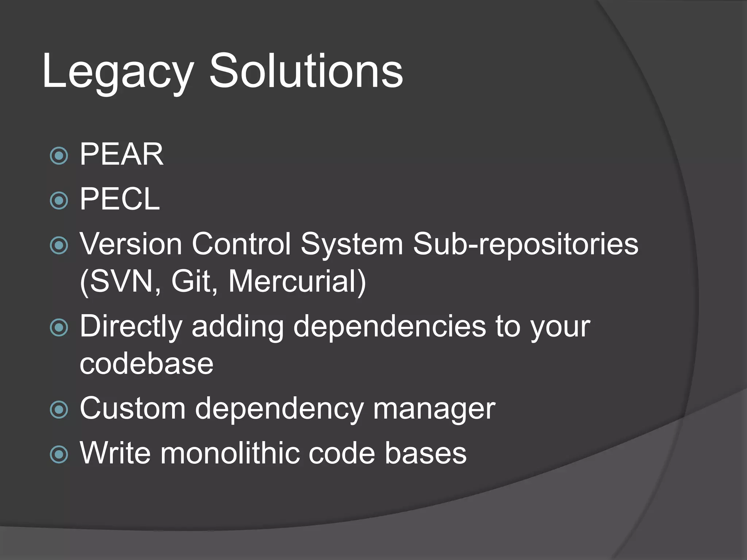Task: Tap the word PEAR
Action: (x=121, y=154)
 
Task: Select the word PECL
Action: (x=120, y=199)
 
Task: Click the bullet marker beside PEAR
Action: (x=59, y=156)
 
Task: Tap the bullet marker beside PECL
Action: (x=59, y=201)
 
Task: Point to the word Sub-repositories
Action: (x=525, y=244)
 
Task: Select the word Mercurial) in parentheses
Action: (x=297, y=281)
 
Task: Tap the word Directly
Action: (x=131, y=326)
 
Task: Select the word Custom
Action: (x=132, y=408)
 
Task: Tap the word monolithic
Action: (x=230, y=453)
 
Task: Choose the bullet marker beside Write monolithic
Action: (x=59, y=454)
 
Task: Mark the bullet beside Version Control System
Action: (x=59, y=245)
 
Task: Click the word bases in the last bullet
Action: (x=425, y=453)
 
